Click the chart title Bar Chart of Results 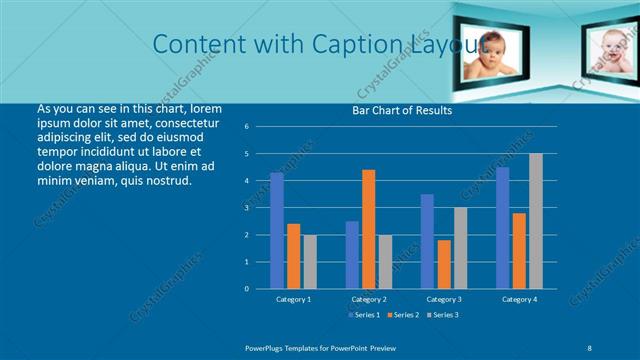tap(402, 111)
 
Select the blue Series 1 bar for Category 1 tap(277, 231)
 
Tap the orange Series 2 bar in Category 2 tap(369, 229)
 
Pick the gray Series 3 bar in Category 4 tap(536, 221)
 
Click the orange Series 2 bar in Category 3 tap(444, 264)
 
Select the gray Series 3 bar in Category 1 tap(310, 262)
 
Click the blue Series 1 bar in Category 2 tap(352, 255)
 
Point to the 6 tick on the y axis tap(260, 127)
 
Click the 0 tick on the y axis tap(260, 289)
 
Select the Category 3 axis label tap(444, 299)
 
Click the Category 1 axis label tap(293, 299)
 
